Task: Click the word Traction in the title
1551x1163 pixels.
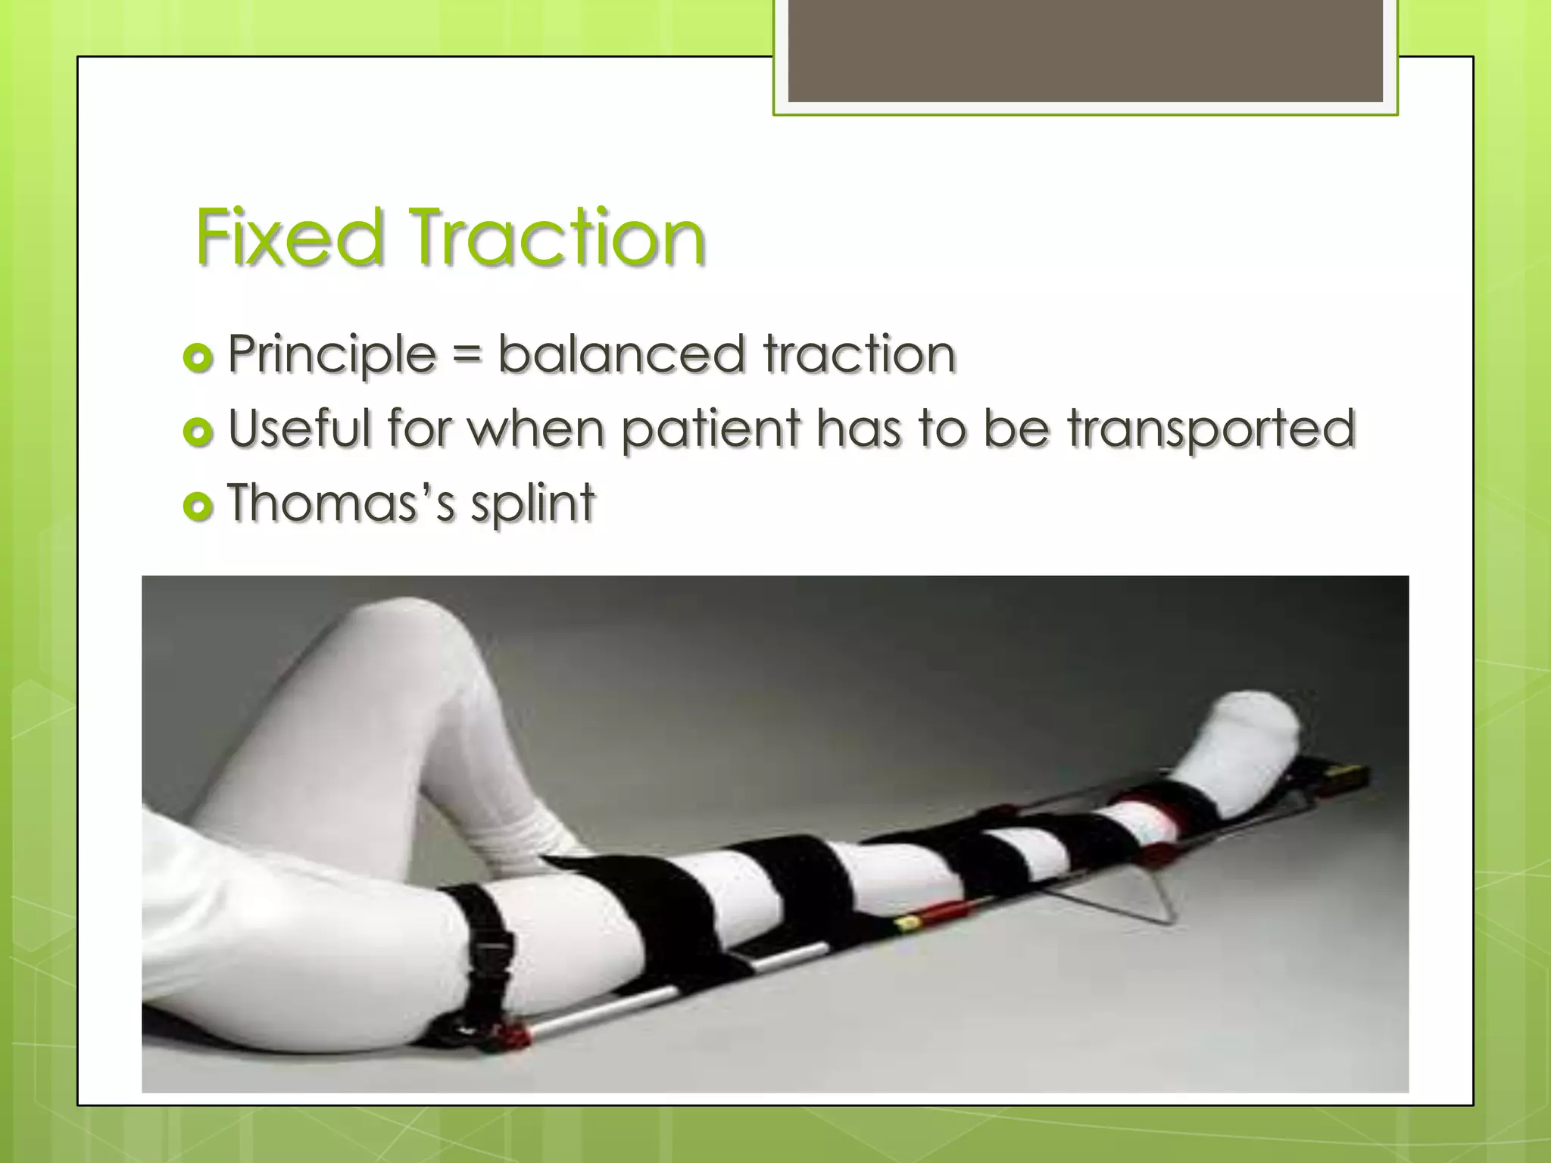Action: [x=557, y=238]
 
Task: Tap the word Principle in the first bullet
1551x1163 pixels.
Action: [x=332, y=354]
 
